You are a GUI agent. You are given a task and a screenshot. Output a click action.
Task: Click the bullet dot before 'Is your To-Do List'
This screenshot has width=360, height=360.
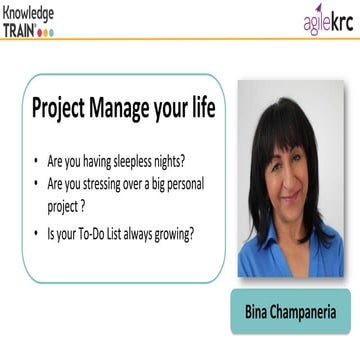pyautogui.click(x=37, y=235)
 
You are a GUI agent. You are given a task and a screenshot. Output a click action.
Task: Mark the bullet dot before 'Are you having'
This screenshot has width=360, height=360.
pyautogui.click(x=37, y=159)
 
